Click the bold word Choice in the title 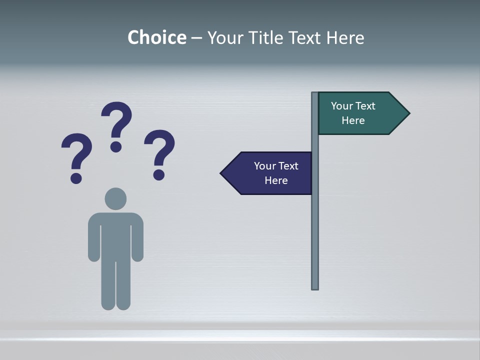click(x=156, y=37)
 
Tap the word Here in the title click(x=344, y=37)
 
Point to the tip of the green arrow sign click(x=408, y=113)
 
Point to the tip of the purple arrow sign click(x=221, y=173)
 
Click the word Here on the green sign click(x=353, y=120)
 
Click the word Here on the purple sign click(x=276, y=180)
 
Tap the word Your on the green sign click(x=342, y=106)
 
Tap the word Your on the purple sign click(x=265, y=166)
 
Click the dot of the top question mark click(x=116, y=146)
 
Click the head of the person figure click(x=115, y=198)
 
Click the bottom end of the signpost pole click(x=315, y=287)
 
